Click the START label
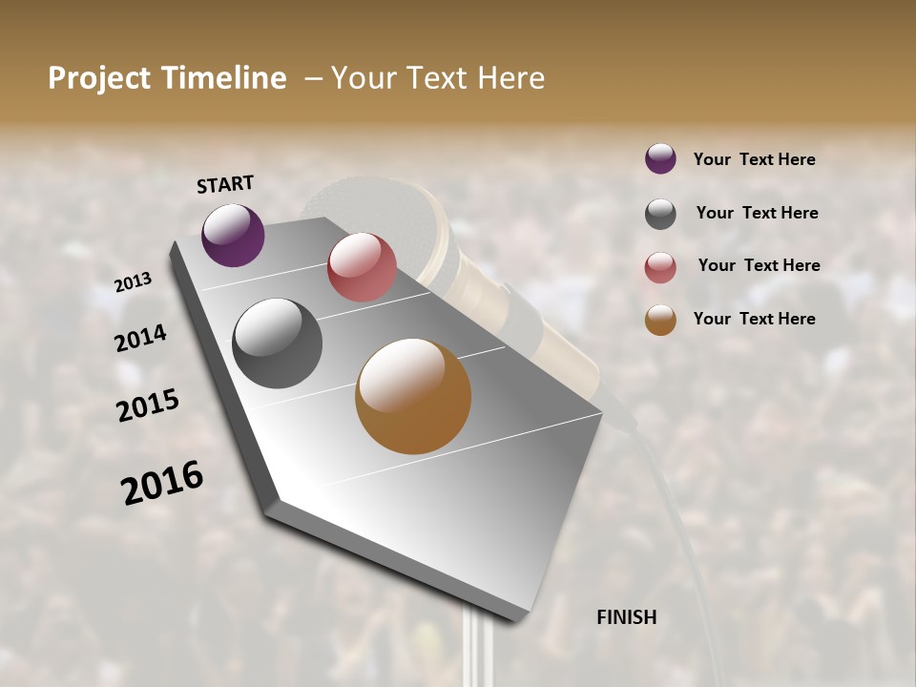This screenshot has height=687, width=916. coord(225,184)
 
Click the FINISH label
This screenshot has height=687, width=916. coord(626,617)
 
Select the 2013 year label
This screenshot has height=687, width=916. coord(134,282)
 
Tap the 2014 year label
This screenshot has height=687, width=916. coord(140,338)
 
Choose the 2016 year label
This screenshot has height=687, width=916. coord(162,483)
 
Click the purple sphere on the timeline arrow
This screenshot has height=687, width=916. coord(233,235)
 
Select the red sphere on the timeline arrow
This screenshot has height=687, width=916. coord(362,267)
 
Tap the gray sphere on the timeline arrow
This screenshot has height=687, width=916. coord(278,343)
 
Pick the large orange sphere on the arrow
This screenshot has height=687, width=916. coord(413,396)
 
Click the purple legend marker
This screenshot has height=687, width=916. coord(660,158)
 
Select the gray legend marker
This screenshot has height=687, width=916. coord(660,214)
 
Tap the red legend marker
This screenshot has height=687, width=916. coord(660,267)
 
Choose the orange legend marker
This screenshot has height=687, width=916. coord(660,320)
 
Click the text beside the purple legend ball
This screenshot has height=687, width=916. coord(754,159)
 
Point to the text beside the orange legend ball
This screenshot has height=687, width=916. coord(754,319)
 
